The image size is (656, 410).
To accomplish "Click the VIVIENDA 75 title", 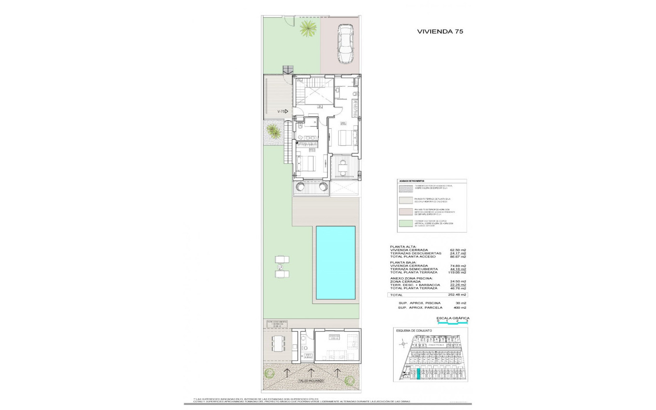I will pyautogui.click(x=440, y=31).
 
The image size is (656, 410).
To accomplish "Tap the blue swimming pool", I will pyautogui.click(x=335, y=262).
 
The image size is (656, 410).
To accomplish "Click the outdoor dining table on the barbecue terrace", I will pyautogui.click(x=277, y=343).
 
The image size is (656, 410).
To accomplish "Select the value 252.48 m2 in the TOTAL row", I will pyautogui.click(x=457, y=295).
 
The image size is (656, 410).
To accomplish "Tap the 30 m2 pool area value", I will pyautogui.click(x=461, y=303).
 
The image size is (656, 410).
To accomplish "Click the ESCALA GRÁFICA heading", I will pyautogui.click(x=452, y=318).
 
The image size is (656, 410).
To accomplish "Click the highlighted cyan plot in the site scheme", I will pyautogui.click(x=418, y=374).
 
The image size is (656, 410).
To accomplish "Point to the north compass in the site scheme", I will pyautogui.click(x=403, y=344).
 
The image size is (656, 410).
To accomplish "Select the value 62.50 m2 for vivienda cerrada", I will pyautogui.click(x=457, y=250).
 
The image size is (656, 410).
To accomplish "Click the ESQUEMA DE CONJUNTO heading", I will pyautogui.click(x=413, y=331).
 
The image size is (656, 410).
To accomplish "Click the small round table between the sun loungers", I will pyautogui.click(x=279, y=266).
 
